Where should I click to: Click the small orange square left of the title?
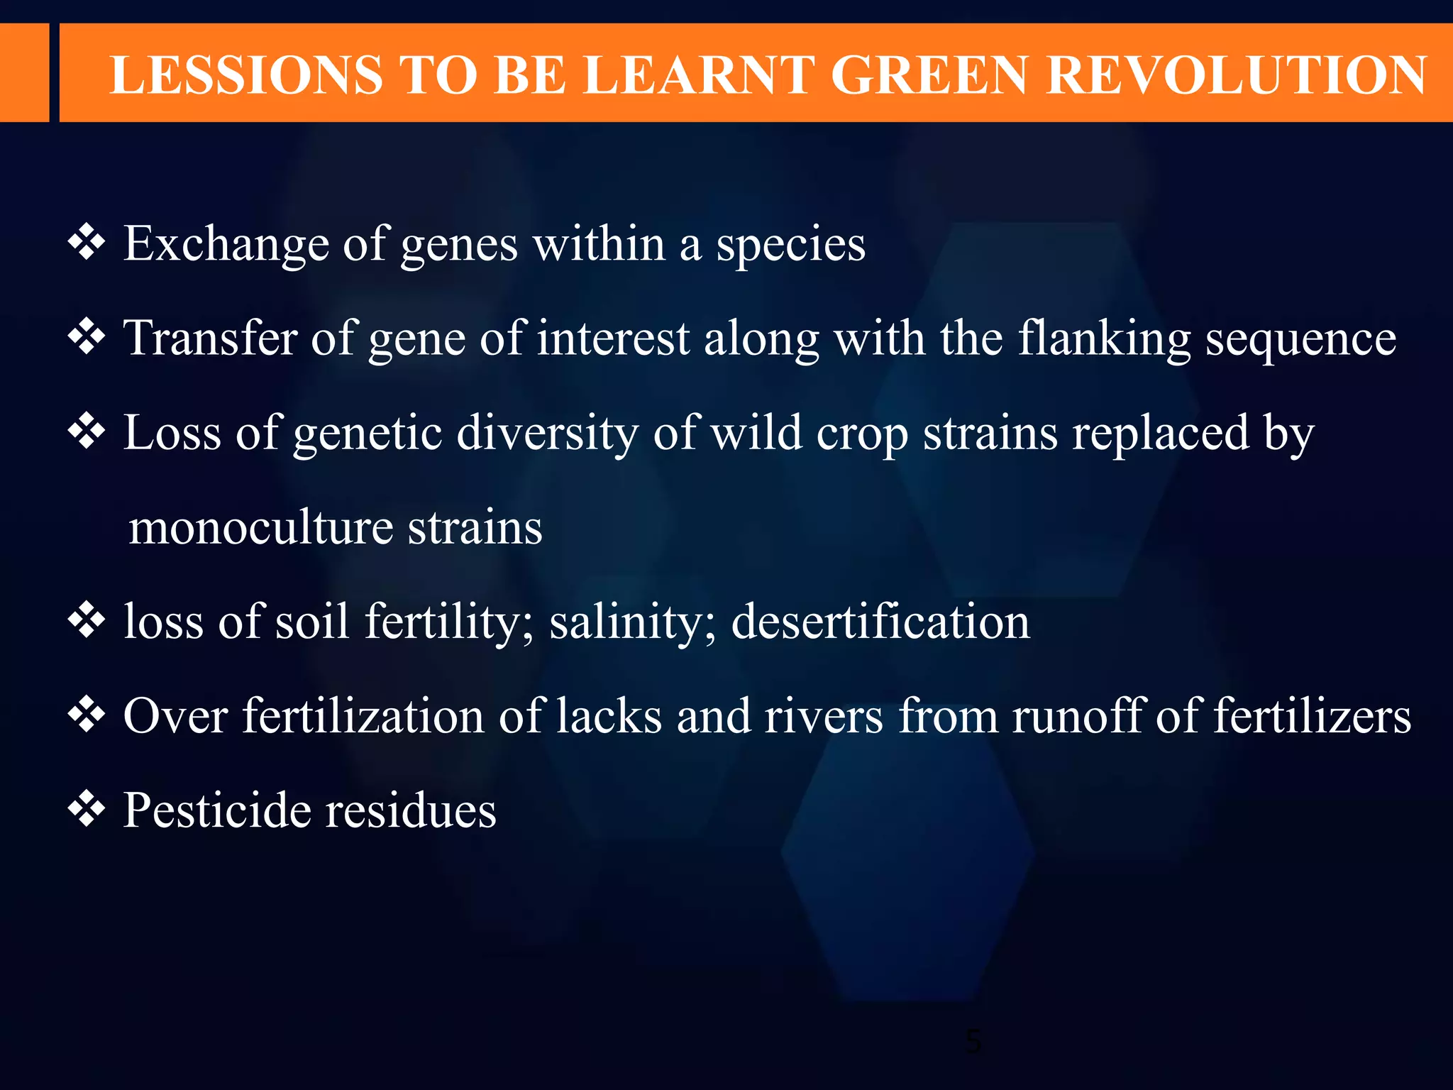click(24, 72)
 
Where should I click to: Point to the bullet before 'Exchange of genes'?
click(87, 243)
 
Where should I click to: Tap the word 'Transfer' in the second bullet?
click(210, 338)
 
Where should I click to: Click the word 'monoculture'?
click(260, 528)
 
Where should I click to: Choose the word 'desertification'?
click(880, 622)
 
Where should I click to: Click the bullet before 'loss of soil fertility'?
click(87, 620)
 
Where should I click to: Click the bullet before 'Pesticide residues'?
click(87, 809)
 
